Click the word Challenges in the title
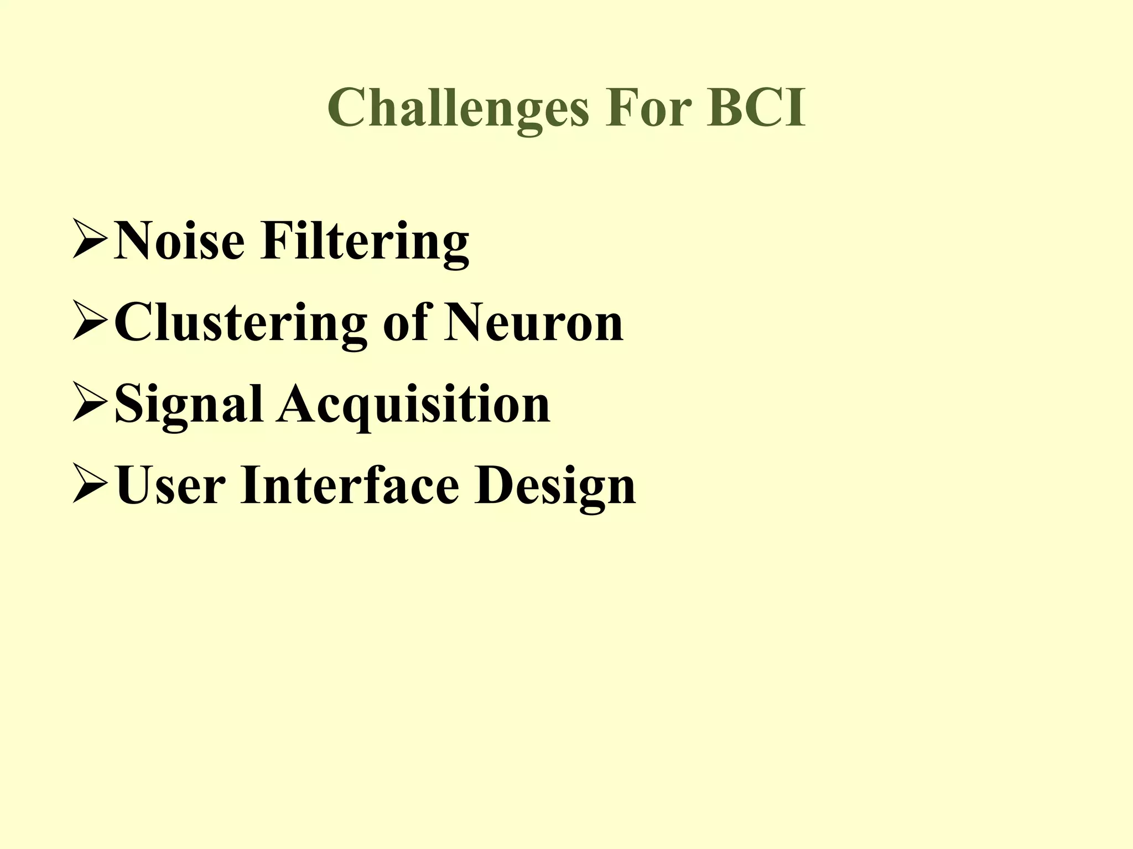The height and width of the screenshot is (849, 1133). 458,108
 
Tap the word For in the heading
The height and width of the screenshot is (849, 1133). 648,107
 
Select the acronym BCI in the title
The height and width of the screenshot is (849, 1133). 756,107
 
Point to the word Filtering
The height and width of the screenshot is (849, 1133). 365,242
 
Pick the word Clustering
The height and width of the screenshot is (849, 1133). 241,324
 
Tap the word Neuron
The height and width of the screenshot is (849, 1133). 534,323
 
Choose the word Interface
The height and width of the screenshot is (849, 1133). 350,485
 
